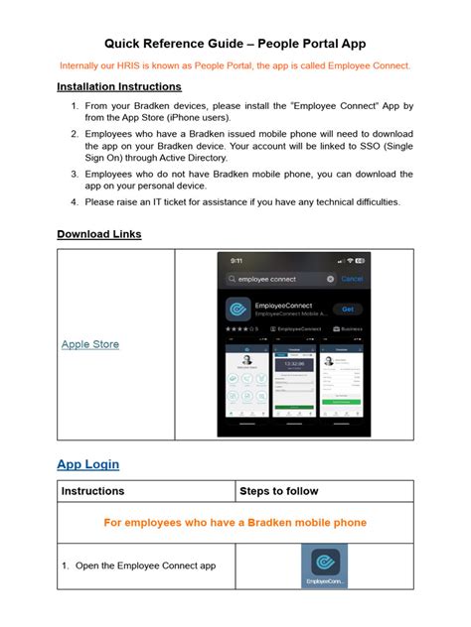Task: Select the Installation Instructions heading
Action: (x=119, y=87)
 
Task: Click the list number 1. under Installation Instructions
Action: (x=74, y=104)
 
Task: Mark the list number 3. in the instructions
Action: (x=74, y=174)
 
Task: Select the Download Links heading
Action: (x=98, y=234)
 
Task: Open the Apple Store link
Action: (x=90, y=344)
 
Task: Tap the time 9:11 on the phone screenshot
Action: (x=238, y=262)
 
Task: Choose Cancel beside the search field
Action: (x=351, y=280)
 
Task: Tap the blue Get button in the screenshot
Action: (x=347, y=309)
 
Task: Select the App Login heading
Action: (x=87, y=463)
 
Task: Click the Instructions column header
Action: (x=93, y=491)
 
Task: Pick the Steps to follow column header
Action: (x=279, y=491)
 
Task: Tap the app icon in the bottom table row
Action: (x=324, y=566)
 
